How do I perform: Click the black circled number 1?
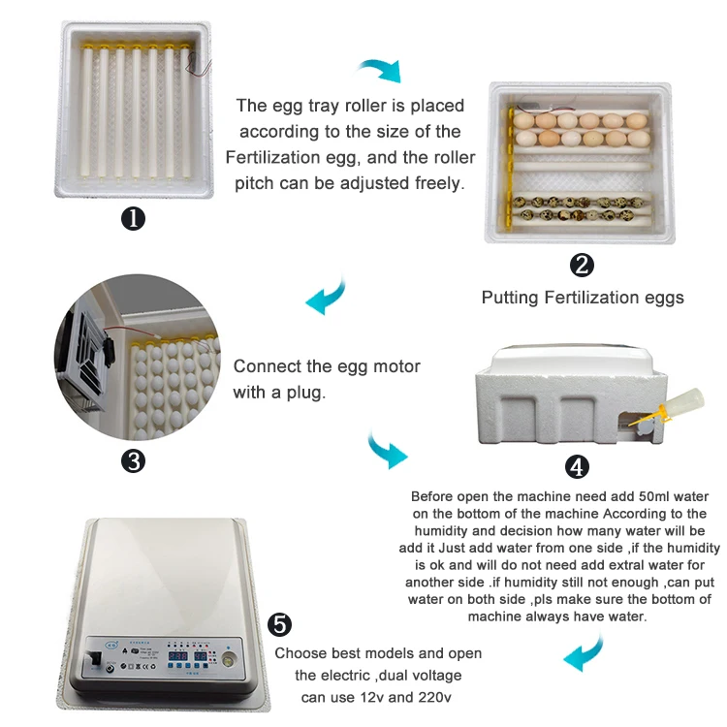pos(133,218)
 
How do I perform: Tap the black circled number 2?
pos(582,266)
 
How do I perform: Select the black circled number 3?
pos(133,461)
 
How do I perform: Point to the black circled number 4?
pos(577,467)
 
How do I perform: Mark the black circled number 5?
pos(279,624)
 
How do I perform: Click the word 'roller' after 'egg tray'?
pos(365,106)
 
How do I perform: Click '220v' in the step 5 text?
pos(434,697)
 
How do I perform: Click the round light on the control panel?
pos(229,660)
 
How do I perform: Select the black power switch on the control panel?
pos(96,658)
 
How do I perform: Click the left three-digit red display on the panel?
pos(177,656)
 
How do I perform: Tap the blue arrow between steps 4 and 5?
pos(585,651)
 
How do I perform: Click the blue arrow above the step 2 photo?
pos(380,70)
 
